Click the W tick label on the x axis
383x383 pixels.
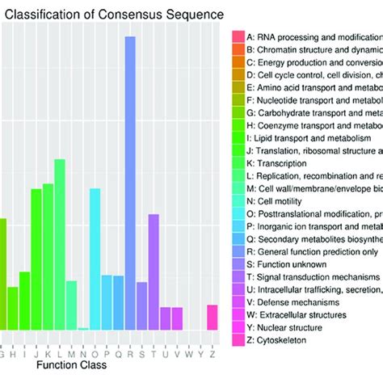[189, 351]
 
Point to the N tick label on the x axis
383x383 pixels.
[83, 351]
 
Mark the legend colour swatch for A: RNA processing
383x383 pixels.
[238, 37]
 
